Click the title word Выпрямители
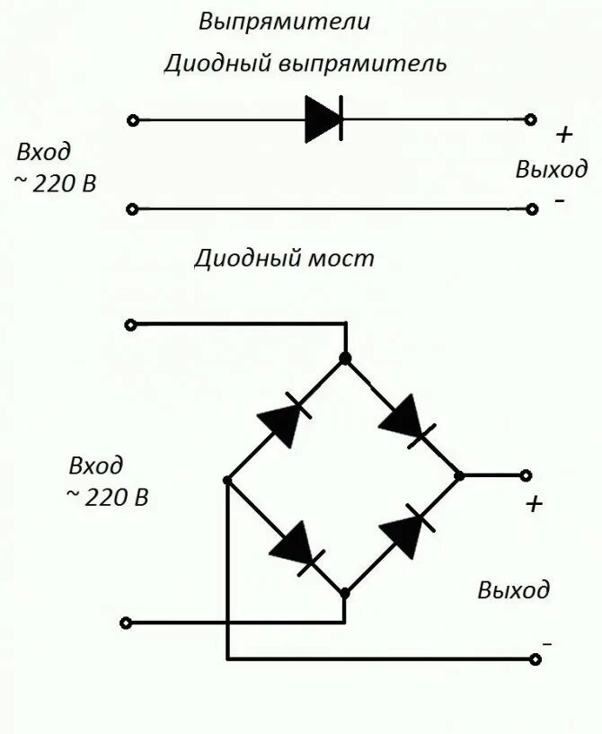pos(284,22)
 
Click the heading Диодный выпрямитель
pos(305,64)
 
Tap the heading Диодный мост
pos(284,259)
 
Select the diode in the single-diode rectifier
pos(323,119)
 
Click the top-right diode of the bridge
pos(404,418)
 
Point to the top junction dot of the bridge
pos(344,358)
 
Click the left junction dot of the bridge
pos(227,481)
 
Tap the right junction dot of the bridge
pos(459,475)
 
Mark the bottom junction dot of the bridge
pos(344,594)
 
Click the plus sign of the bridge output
pos(535,504)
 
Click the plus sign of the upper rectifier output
pos(563,136)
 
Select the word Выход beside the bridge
pos(513,590)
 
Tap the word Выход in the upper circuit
pos(552,168)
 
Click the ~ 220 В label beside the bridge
pos(107,496)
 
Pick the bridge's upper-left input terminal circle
pos(130,324)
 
